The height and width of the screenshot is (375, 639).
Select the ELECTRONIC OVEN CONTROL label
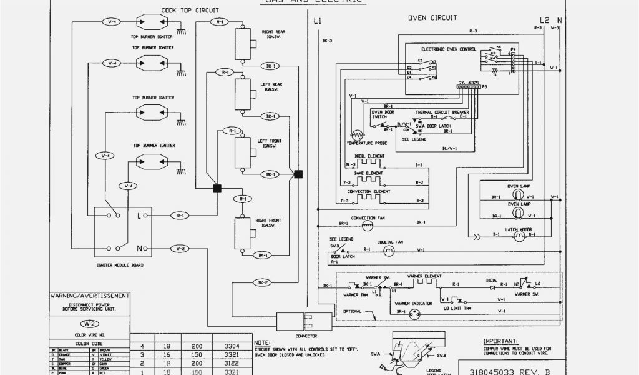tap(448, 49)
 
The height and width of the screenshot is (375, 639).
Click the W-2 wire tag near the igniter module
tap(180, 249)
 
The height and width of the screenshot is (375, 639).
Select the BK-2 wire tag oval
tap(261, 282)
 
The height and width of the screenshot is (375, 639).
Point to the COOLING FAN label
tap(390, 242)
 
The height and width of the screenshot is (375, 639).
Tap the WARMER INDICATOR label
tap(413, 304)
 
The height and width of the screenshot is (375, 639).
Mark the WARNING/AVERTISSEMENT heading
tap(90, 296)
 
